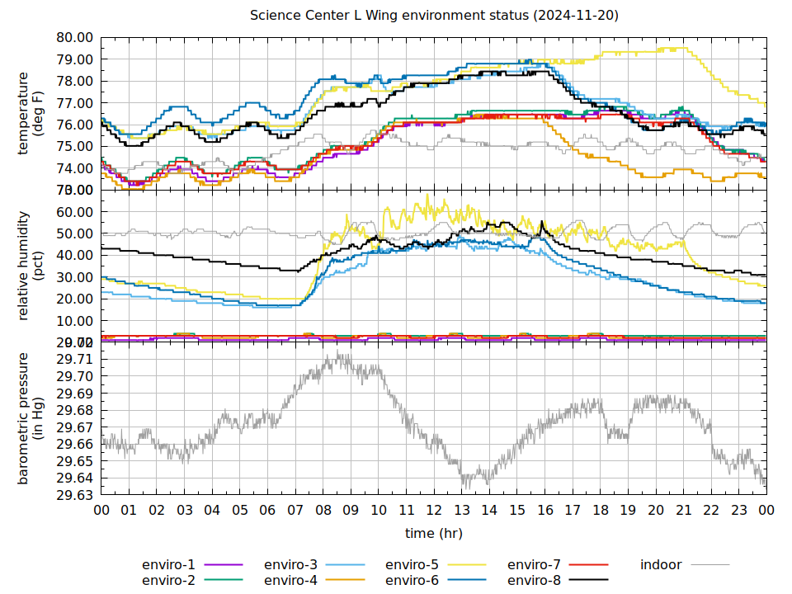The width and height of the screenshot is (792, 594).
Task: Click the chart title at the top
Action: tap(434, 16)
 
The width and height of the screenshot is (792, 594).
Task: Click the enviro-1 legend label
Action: tap(168, 565)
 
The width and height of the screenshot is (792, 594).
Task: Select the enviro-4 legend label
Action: tap(290, 580)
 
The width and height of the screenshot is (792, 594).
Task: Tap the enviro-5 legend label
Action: tap(412, 565)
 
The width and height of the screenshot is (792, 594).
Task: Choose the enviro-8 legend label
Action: tap(534, 580)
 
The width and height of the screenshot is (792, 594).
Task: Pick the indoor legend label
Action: tap(661, 565)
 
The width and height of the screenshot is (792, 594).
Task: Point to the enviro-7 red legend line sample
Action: tap(587, 565)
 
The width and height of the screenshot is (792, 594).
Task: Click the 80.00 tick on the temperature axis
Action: tap(73, 38)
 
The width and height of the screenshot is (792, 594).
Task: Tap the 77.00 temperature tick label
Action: tap(73, 103)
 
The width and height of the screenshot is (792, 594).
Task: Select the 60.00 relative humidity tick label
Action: tap(73, 212)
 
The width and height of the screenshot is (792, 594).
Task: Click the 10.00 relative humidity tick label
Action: tap(73, 321)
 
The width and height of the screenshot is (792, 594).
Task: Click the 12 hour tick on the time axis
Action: tap(434, 511)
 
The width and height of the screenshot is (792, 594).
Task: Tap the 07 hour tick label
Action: tap(295, 511)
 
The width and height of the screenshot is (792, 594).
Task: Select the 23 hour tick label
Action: tap(738, 511)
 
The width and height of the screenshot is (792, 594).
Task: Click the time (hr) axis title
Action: tap(434, 534)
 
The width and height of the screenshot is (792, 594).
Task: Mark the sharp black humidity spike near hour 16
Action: tap(541, 222)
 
